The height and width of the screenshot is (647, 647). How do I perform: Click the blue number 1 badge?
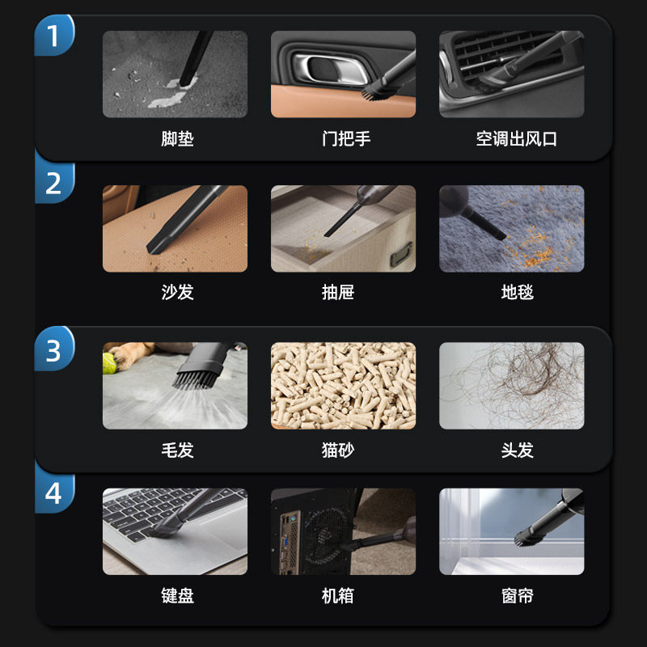[x=53, y=36]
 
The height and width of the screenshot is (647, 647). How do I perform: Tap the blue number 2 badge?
[x=53, y=183]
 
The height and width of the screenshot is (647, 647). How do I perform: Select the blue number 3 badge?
[x=53, y=350]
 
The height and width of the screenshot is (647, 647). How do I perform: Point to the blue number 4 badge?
[x=53, y=493]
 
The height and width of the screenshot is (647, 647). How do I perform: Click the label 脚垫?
[x=177, y=138]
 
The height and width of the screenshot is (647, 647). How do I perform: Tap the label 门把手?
[x=345, y=138]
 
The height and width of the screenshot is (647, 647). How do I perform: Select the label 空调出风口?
[x=517, y=138]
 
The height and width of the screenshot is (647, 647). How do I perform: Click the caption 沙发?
[x=177, y=292]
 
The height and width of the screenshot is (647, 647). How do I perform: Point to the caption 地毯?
[x=517, y=292]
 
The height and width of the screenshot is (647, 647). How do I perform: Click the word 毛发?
[x=177, y=450]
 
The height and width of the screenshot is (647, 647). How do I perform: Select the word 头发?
[x=517, y=450]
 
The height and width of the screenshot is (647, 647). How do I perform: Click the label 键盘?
[x=177, y=597]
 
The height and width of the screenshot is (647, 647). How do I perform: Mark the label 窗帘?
[x=517, y=597]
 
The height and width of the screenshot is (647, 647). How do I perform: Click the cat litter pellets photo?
[x=343, y=385]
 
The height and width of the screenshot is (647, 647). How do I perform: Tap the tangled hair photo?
[x=511, y=385]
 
